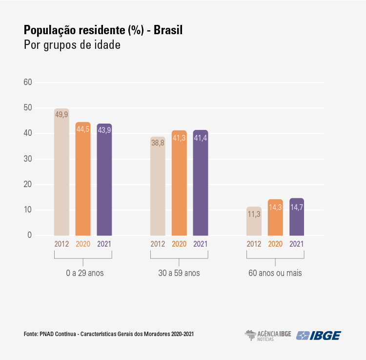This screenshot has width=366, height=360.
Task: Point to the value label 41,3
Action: [179, 139]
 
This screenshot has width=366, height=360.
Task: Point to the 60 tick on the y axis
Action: [28, 82]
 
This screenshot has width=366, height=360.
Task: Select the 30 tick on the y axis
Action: [28, 159]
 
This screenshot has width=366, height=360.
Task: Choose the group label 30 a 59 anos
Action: [179, 273]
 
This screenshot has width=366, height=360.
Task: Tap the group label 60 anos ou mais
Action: [275, 273]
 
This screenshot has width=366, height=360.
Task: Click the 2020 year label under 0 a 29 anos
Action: [83, 244]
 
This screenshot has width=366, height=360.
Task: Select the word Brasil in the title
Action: [168, 30]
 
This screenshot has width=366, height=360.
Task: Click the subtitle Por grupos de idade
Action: [72, 45]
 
